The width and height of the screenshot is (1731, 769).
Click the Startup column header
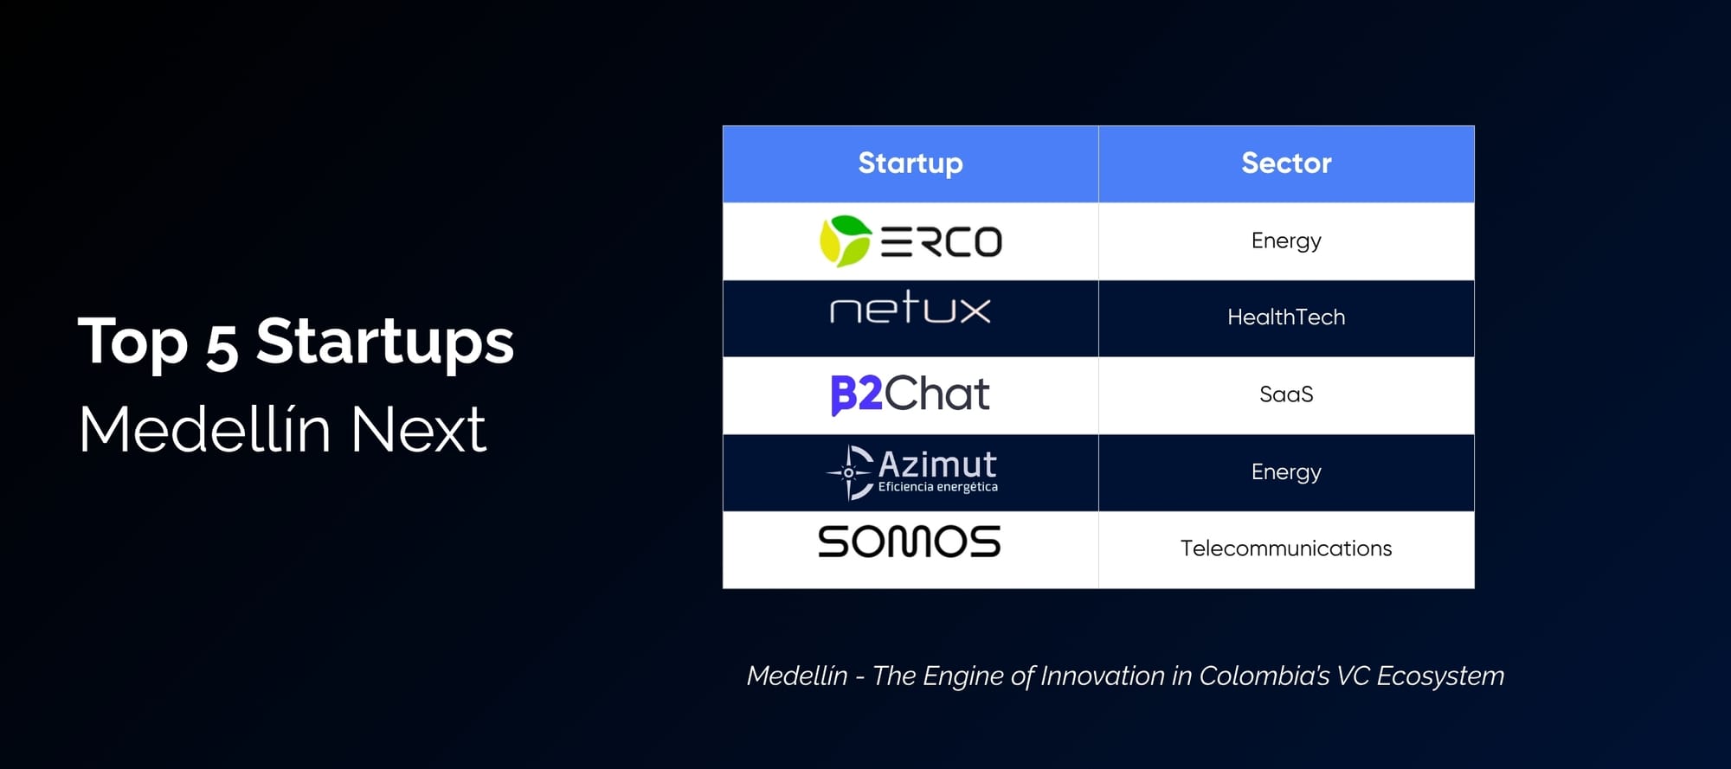point(911,163)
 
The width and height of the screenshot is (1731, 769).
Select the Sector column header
point(1286,163)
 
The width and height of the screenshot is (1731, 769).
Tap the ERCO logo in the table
point(911,240)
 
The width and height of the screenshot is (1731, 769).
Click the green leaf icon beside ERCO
point(845,240)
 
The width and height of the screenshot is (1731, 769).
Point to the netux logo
point(911,307)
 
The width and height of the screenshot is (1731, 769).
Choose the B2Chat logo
point(911,394)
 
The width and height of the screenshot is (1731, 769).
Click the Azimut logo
point(911,472)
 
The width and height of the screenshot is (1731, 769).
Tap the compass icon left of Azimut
point(849,472)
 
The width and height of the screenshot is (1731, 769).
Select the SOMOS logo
point(910,542)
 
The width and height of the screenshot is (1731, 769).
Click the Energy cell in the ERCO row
point(1286,240)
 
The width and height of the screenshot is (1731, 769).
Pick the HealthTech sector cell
point(1286,317)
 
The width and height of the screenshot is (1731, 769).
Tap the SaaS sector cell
point(1286,394)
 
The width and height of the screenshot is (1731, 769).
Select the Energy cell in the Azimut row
point(1286,472)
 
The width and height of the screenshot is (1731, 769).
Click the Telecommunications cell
point(1286,548)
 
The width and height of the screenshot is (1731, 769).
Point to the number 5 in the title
point(222,345)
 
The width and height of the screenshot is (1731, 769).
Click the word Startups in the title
point(385,343)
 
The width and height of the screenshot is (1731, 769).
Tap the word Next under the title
point(419,429)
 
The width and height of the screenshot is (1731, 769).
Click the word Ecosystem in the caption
point(1440,676)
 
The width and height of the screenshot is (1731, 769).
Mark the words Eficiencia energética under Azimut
point(938,487)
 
